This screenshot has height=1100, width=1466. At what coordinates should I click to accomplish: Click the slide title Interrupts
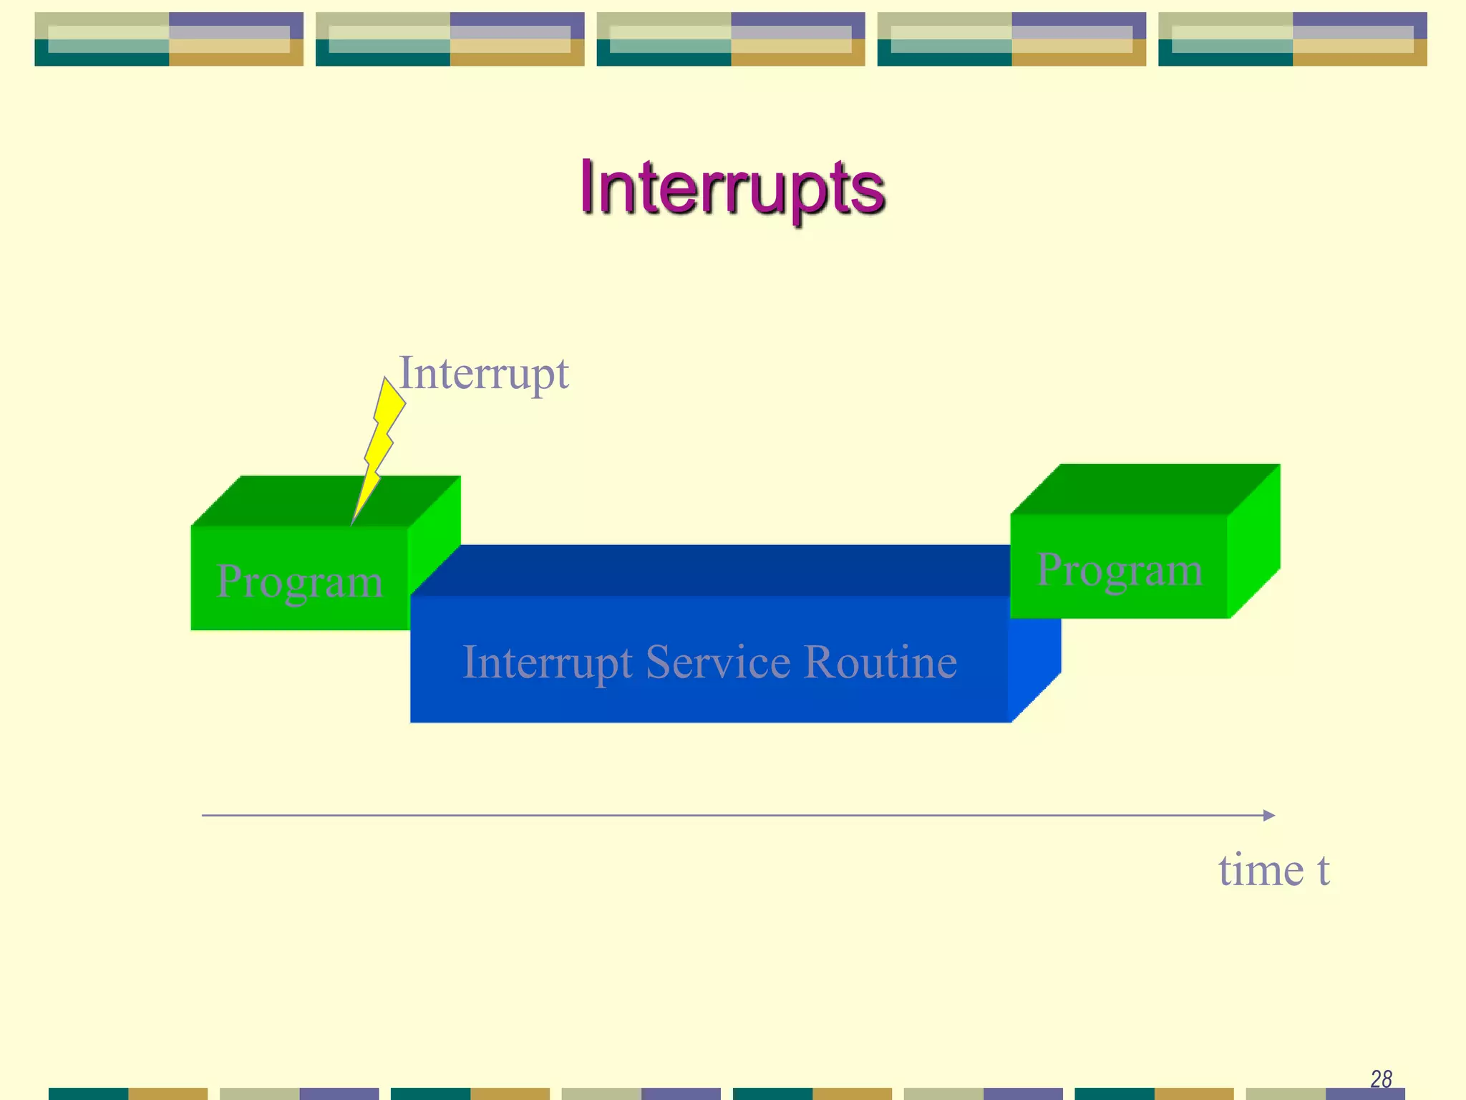point(732,188)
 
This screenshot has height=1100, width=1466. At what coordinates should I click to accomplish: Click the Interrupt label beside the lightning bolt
point(484,373)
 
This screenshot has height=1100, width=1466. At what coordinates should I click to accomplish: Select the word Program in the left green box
point(299,581)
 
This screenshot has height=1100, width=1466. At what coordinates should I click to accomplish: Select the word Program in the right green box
point(1119,570)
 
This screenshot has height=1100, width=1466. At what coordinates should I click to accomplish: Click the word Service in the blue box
point(717,662)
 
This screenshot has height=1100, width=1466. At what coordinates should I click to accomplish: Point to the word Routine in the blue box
point(880,662)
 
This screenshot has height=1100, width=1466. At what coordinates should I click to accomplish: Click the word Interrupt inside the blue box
point(547,662)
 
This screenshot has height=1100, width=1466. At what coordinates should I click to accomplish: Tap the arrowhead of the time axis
point(1269,815)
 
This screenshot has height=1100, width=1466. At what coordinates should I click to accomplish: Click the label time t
point(1273,870)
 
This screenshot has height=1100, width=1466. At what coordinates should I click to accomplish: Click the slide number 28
point(1381,1079)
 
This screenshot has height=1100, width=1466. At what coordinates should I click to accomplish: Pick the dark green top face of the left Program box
point(301,501)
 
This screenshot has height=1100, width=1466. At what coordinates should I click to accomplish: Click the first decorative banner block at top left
point(169,39)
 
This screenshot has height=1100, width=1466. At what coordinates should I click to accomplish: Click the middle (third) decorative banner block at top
point(731,39)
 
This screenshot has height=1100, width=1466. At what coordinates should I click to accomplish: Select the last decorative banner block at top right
point(1292,39)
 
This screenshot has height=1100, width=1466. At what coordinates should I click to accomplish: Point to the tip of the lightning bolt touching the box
point(353,523)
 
